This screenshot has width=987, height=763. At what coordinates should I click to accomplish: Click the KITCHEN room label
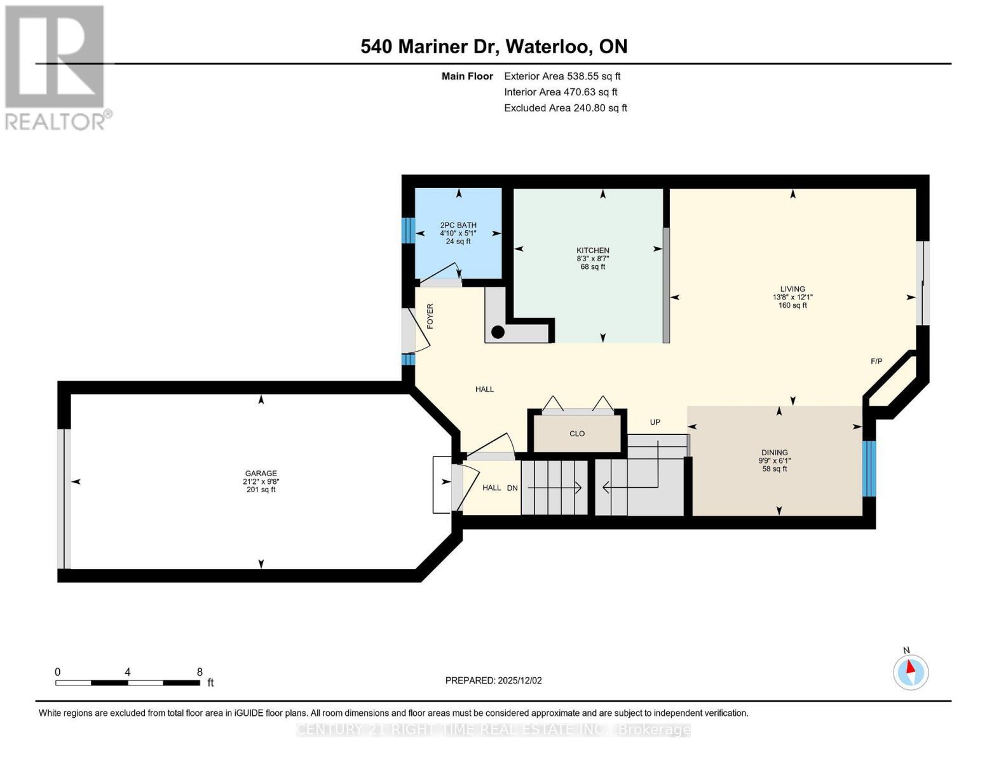(592, 251)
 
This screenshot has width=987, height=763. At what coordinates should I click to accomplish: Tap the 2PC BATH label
(458, 225)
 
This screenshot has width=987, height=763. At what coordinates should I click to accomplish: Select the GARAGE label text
(261, 473)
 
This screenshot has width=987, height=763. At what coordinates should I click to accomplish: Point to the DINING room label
(775, 452)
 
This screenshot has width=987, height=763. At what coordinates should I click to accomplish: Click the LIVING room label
(793, 289)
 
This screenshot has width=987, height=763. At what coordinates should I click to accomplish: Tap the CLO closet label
(577, 434)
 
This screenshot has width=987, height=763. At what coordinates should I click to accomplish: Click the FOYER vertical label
(430, 316)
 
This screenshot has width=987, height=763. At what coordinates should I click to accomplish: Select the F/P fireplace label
(876, 361)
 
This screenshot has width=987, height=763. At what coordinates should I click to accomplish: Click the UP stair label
(655, 422)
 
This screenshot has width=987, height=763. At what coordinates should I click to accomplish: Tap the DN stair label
(512, 488)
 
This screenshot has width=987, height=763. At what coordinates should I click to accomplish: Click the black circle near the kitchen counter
(498, 332)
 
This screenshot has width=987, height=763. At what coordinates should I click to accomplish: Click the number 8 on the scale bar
(200, 671)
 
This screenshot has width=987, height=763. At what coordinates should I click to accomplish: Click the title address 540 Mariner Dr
(428, 46)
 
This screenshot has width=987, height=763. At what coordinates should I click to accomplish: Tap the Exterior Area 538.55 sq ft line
(562, 76)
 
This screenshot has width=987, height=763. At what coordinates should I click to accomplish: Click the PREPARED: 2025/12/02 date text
(493, 680)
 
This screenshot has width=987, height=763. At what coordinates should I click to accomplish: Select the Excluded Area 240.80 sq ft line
(566, 108)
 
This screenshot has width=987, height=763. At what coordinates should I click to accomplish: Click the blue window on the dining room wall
(868, 469)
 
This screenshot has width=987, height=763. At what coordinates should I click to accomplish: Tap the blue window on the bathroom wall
(408, 230)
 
